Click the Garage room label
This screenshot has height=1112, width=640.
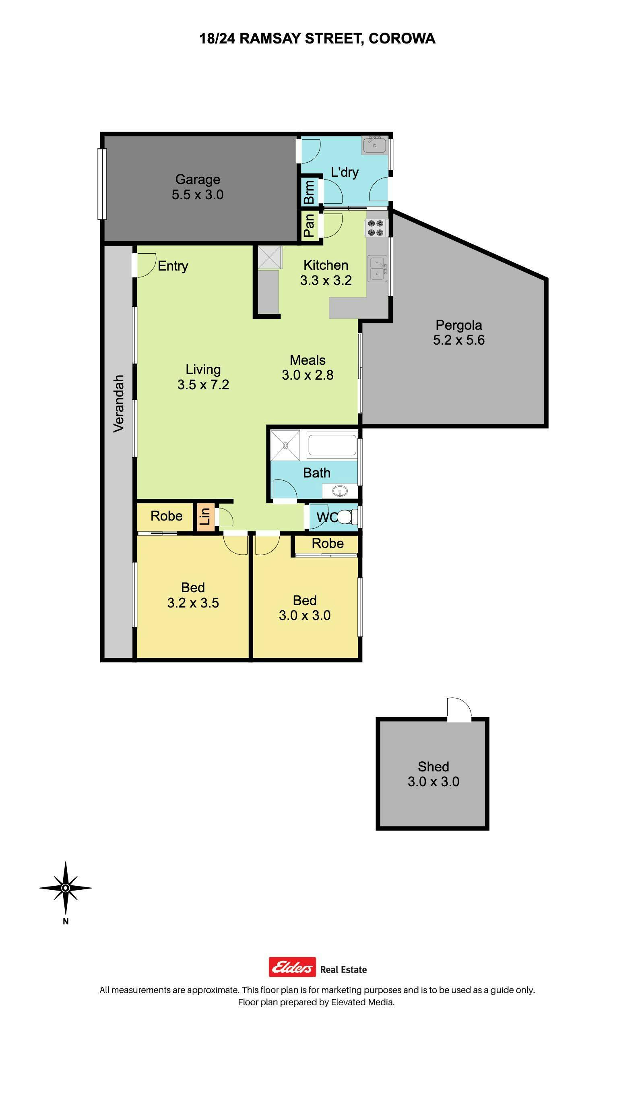pyautogui.click(x=198, y=179)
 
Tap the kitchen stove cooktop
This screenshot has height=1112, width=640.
pyautogui.click(x=376, y=228)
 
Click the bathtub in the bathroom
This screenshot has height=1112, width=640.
pyautogui.click(x=331, y=445)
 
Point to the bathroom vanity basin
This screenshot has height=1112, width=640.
pyautogui.click(x=339, y=490)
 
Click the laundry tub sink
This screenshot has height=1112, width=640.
pyautogui.click(x=374, y=145)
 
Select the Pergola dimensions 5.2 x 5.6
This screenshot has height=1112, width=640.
pyautogui.click(x=458, y=340)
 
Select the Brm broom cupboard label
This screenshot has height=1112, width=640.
pyautogui.click(x=309, y=192)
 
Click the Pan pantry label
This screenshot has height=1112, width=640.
pyautogui.click(x=309, y=225)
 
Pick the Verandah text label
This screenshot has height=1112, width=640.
pyautogui.click(x=118, y=403)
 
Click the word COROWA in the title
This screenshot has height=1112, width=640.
pyautogui.click(x=402, y=39)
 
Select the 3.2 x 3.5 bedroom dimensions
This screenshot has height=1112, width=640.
pyautogui.click(x=193, y=603)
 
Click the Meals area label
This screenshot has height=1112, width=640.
pyautogui.click(x=308, y=360)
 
